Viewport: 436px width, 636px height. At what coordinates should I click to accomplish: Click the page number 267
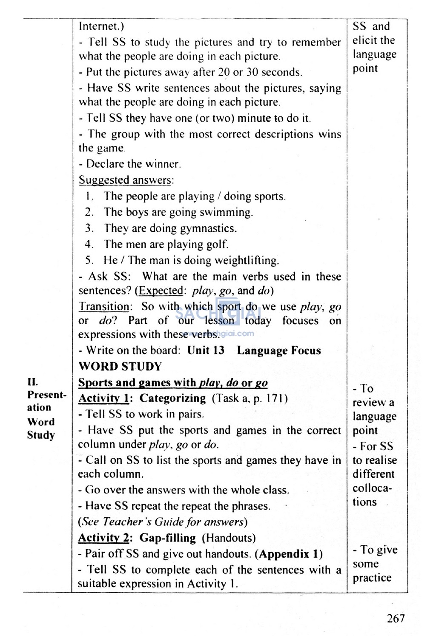point(396,618)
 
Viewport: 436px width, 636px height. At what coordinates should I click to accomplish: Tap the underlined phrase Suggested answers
point(125,180)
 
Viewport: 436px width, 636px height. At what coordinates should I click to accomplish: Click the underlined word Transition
point(104,307)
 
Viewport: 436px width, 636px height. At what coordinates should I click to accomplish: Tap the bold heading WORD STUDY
point(120,366)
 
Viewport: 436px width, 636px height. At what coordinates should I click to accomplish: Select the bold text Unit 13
point(206,351)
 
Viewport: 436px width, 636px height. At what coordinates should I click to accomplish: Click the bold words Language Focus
point(279,351)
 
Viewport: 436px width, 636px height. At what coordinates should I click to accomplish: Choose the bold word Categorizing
point(172,399)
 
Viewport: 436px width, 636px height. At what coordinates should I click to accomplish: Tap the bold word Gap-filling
point(168,538)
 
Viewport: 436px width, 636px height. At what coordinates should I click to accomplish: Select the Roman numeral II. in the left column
point(32,382)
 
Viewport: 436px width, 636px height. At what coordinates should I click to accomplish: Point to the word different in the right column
point(373,474)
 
